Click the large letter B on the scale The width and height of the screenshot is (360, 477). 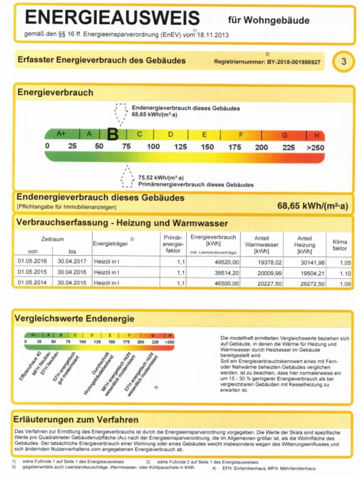(113, 134)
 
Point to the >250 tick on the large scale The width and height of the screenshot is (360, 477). (315, 147)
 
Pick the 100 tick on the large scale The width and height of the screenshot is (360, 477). (153, 147)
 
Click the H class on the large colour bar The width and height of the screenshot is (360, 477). (316, 135)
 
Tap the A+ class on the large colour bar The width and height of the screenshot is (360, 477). (62, 134)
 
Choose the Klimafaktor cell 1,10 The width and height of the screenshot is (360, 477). (340, 272)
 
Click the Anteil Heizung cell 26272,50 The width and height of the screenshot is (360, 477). (309, 283)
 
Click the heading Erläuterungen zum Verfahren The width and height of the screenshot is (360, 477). (77, 420)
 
